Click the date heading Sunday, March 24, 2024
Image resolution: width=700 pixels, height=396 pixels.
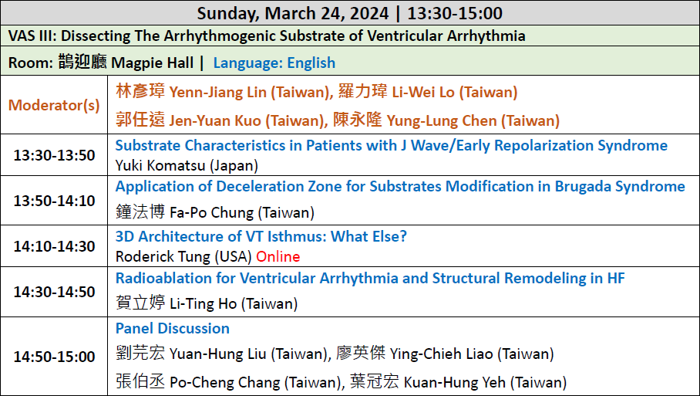coord(293,13)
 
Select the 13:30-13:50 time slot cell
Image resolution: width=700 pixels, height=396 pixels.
coord(54,155)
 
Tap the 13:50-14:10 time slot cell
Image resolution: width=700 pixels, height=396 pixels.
coord(54,201)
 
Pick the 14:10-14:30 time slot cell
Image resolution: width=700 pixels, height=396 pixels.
coord(54,246)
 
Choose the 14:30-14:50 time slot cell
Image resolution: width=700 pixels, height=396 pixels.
coord(54,292)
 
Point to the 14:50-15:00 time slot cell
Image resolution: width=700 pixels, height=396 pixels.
coord(54,357)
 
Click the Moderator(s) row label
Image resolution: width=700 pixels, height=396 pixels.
coord(54,105)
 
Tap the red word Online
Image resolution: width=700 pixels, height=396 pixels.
coord(278,256)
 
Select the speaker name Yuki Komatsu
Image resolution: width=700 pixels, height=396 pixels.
coord(160,166)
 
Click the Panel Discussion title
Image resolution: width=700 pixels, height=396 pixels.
coord(173,328)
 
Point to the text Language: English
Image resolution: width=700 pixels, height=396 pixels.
coord(274,63)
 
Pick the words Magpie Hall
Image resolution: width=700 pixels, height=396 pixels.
coord(152,63)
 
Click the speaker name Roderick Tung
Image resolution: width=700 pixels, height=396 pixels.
coord(163,256)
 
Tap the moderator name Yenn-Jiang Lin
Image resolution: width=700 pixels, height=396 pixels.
coord(218,92)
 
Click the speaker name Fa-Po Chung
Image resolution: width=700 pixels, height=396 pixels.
coord(211,212)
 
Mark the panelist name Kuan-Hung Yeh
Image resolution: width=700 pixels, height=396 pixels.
coord(455,383)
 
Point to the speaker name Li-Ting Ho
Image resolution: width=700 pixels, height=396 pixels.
coord(204,304)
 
